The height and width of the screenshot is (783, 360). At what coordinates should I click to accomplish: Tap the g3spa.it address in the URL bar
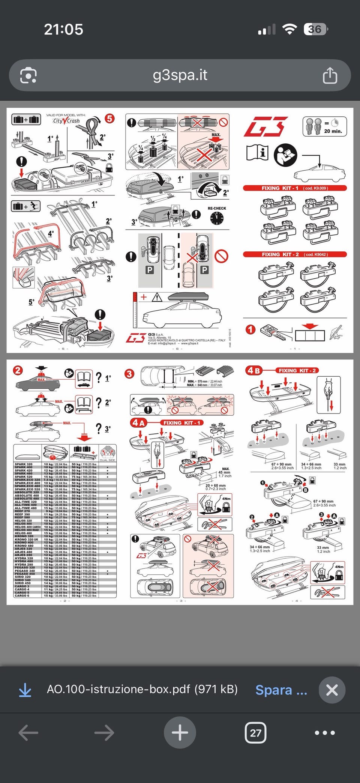click(180, 75)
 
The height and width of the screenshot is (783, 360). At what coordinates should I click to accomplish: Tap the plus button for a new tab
click(180, 732)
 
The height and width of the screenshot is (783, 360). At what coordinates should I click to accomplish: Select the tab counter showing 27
click(255, 732)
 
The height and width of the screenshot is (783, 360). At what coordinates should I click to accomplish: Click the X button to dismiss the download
click(331, 690)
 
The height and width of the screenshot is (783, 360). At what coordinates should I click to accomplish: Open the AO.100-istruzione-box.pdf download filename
click(142, 689)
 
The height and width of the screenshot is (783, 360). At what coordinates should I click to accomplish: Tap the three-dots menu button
click(325, 732)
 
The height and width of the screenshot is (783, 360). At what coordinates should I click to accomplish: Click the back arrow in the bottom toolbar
click(28, 732)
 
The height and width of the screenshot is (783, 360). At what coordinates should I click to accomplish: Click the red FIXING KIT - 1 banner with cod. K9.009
click(295, 188)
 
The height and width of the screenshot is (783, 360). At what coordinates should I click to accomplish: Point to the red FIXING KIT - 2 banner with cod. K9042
click(295, 254)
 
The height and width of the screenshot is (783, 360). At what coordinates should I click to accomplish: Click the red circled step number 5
click(109, 119)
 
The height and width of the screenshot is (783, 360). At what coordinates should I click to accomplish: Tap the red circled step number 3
click(129, 374)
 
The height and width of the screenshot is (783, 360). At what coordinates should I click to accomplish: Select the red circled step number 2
click(18, 371)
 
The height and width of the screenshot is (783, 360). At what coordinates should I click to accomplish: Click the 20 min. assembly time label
click(333, 131)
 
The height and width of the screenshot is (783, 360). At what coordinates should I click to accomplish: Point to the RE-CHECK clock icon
click(217, 218)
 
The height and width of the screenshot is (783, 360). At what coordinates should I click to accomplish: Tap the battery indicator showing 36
click(315, 29)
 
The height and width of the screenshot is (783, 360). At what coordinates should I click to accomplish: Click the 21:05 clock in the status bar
click(63, 29)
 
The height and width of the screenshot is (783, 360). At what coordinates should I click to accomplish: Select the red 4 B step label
click(254, 371)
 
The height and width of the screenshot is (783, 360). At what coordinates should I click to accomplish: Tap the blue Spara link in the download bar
click(281, 690)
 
